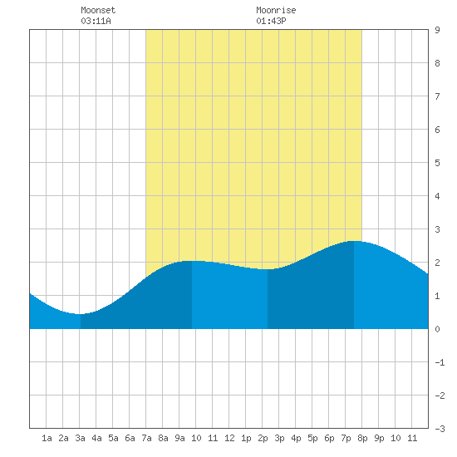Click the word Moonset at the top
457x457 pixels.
98,10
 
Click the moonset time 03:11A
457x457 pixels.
96,21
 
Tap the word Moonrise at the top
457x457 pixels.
276,10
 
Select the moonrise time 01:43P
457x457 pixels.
271,21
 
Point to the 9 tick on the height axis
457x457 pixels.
437,30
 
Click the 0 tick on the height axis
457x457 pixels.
437,329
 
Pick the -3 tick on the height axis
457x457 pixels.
440,429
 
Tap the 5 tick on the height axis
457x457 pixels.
437,163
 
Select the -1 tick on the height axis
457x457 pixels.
440,362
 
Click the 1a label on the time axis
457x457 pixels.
47,438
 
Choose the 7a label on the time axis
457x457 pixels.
146,438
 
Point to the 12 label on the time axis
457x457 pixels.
229,438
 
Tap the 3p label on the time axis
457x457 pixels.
279,438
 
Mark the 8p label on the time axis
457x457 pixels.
362,438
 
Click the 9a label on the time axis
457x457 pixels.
179,438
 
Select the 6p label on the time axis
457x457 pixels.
329,438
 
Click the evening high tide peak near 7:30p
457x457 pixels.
353,241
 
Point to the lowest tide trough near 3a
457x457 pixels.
81,314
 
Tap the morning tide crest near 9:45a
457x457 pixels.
191,261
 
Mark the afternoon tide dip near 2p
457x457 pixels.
268,269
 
